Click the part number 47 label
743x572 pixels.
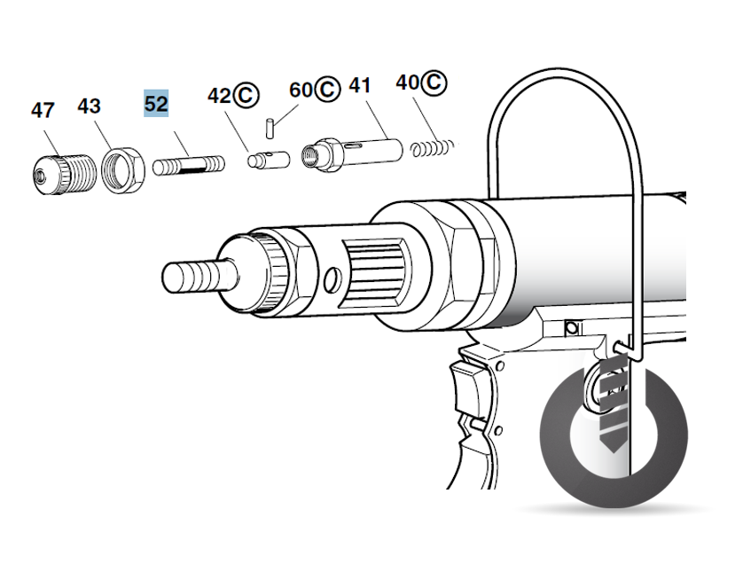[x=43, y=111]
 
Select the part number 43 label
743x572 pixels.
[x=89, y=106]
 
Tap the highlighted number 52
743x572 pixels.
[x=156, y=103]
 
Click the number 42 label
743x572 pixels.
[x=219, y=95]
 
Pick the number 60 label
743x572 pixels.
[x=301, y=90]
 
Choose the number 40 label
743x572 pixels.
[x=409, y=82]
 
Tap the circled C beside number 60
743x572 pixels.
[x=328, y=90]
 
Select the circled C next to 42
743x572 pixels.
[x=246, y=95]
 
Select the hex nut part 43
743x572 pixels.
[x=121, y=166]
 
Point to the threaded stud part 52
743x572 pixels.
[x=188, y=166]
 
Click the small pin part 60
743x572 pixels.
[x=270, y=126]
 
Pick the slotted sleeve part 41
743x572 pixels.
[x=355, y=150]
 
